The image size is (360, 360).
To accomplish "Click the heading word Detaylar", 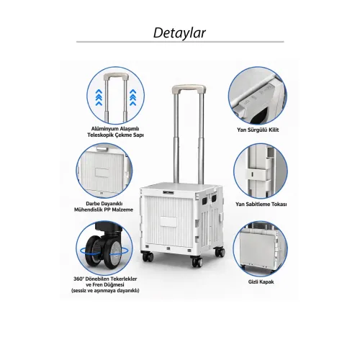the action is (x=179, y=32).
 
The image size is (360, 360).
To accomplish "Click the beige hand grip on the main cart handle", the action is (x=189, y=89).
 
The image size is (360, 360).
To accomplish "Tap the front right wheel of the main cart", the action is (x=197, y=261).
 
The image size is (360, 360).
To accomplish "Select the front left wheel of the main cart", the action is (x=148, y=256).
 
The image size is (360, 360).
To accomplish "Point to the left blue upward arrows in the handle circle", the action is (x=99, y=97).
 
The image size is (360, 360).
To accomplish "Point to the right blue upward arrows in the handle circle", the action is (x=132, y=97).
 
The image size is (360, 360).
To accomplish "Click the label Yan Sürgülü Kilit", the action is (x=258, y=130).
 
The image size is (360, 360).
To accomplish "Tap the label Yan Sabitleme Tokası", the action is (x=261, y=204).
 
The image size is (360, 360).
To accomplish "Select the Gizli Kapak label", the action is (x=261, y=282).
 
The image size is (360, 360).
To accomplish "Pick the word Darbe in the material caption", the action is (x=91, y=204).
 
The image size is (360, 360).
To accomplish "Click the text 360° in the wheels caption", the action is (x=78, y=279).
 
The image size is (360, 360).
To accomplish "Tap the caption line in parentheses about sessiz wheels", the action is (x=105, y=291).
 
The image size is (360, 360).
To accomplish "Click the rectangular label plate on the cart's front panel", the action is (x=168, y=222).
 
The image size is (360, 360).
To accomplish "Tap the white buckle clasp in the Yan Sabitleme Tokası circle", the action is (x=257, y=174).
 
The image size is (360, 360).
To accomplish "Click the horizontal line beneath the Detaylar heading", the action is (x=180, y=42).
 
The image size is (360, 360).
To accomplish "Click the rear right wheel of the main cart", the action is (x=220, y=252).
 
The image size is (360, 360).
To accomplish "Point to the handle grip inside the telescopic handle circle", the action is (x=116, y=77).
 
